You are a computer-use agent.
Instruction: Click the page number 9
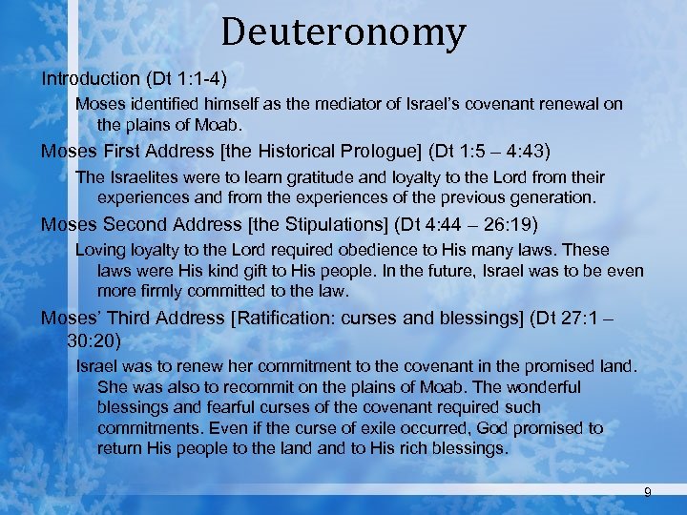[648, 491]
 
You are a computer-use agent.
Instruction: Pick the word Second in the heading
[130, 225]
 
